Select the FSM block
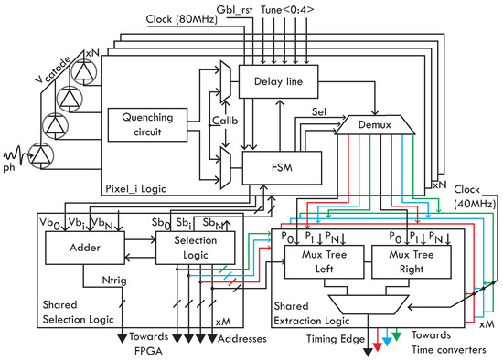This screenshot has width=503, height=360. tap(283, 167)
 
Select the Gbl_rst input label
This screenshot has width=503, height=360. tap(234, 8)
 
